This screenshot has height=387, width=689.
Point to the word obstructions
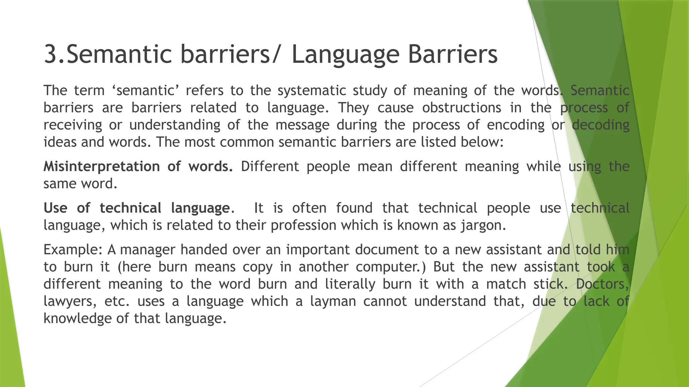(462, 108)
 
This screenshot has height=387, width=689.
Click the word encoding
(515, 125)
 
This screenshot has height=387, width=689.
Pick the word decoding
(601, 125)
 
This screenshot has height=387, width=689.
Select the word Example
(72, 250)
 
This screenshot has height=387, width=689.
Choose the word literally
(350, 284)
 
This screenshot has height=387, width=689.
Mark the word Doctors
(602, 284)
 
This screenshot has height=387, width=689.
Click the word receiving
(73, 125)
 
